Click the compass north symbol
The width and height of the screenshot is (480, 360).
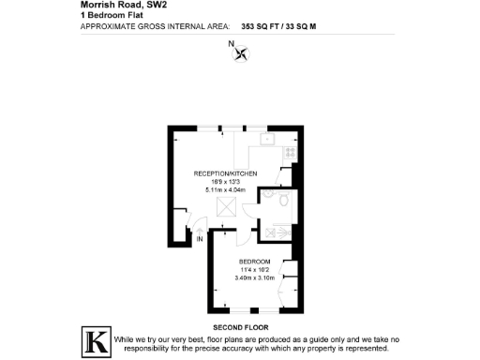point(242,52)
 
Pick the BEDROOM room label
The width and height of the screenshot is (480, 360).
point(255,261)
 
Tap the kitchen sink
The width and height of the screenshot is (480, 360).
point(268,140)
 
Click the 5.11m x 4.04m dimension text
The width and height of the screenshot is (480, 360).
point(225,189)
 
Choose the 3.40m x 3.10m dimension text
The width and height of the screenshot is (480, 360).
point(255,277)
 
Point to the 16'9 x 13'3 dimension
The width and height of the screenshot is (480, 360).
point(225,182)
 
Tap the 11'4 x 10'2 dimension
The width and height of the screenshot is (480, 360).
point(255,269)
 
